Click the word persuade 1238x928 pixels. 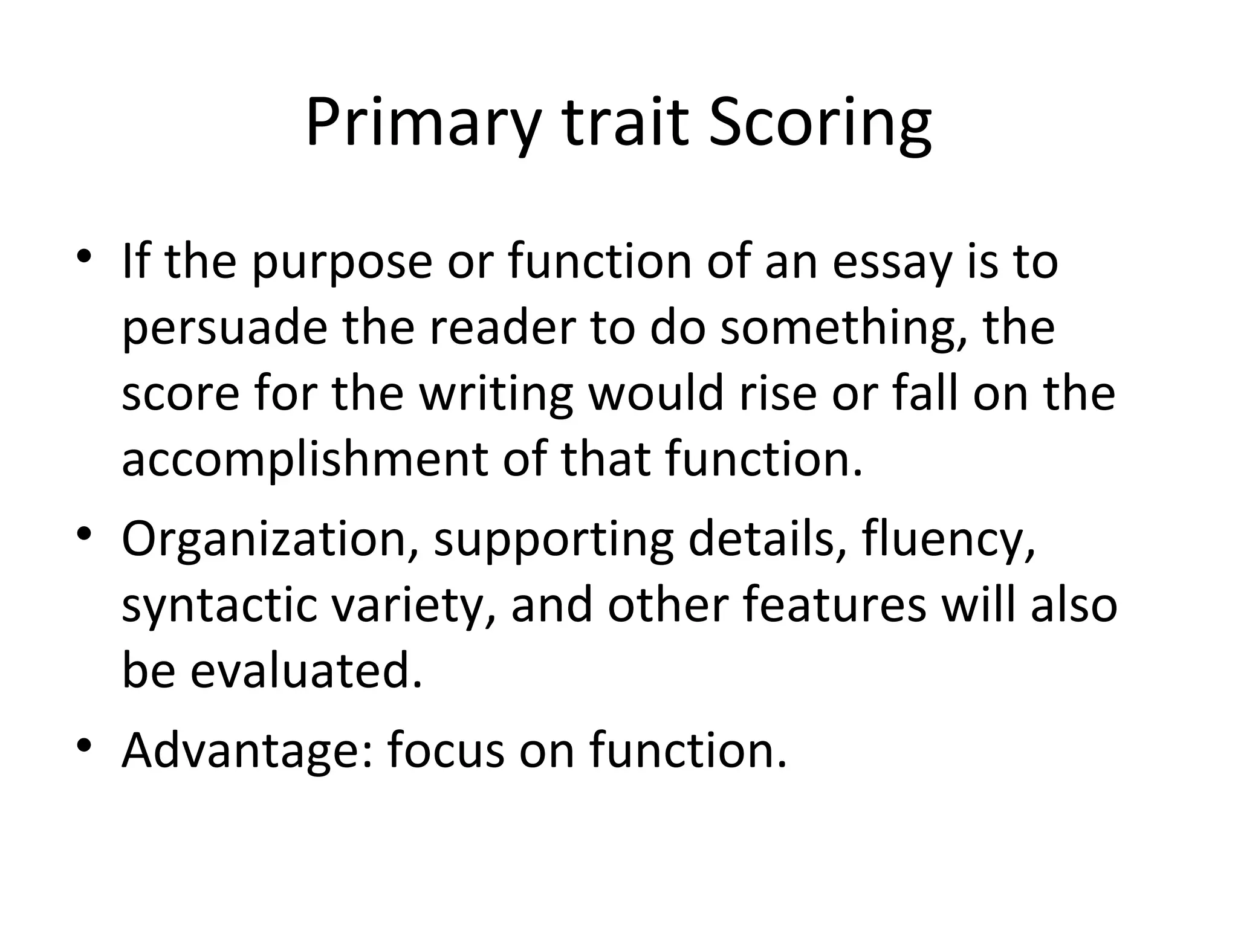pyautogui.click(x=224, y=330)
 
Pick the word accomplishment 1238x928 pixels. pyautogui.click(x=304, y=459)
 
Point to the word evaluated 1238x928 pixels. pyautogui.click(x=306, y=671)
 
